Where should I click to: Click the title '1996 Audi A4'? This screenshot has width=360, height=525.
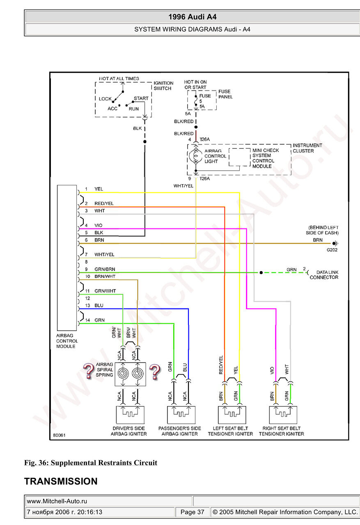pos(192,17)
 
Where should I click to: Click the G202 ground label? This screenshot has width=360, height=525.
pos(332,249)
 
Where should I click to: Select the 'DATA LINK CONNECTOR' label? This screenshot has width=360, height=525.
pos(324,275)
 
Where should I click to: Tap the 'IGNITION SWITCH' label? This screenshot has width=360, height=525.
pos(163,86)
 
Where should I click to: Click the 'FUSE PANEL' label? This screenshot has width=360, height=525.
pos(225,94)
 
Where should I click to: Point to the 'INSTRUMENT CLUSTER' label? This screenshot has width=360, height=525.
pos(307,148)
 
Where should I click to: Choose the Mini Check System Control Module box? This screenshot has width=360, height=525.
pos(240,157)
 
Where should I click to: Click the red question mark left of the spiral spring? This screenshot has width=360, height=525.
pos(88,371)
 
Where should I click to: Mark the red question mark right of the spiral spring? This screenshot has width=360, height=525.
pos(154,371)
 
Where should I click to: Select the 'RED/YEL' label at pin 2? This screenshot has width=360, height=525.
pos(104,203)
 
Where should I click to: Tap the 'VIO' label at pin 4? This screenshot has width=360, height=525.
pos(98,225)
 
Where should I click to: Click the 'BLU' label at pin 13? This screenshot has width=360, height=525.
pos(99,306)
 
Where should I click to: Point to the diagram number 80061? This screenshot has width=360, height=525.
pos(59,436)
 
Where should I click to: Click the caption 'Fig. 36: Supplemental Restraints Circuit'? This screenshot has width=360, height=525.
pos(91,463)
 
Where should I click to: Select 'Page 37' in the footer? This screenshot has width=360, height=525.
pos(192,512)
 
